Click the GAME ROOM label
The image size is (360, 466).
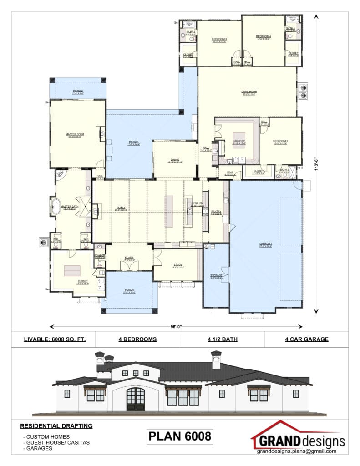tap(249, 92)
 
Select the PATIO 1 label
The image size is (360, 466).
tap(133, 143)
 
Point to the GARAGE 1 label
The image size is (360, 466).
tap(266, 245)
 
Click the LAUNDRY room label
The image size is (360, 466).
tap(238, 142)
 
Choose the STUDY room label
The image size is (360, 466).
tap(177, 265)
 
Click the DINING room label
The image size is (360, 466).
tap(175, 160)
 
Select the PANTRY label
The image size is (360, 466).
tap(216, 212)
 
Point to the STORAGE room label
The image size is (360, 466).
tap(216, 276)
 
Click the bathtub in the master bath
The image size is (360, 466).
tap(56, 206)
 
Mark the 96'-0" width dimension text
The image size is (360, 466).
tap(176, 326)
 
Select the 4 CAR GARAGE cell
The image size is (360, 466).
tap(306, 339)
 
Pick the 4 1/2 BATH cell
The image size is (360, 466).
tap(222, 339)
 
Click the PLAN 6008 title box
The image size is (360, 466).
tap(180, 436)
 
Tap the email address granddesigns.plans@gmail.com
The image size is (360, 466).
tap(296, 451)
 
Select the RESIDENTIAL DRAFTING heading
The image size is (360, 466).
tap(56, 426)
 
